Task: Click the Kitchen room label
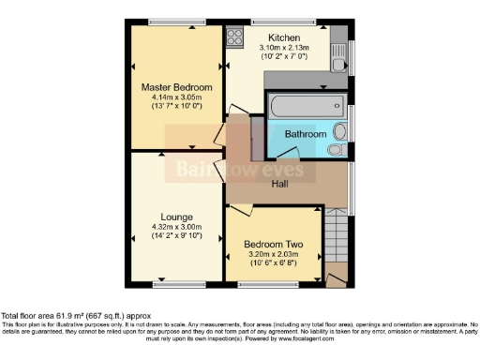(x=283, y=37)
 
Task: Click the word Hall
(x=279, y=184)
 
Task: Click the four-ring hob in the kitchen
(x=233, y=38)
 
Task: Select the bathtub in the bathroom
(x=302, y=108)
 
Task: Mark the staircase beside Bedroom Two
(x=337, y=239)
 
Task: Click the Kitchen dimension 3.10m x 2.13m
(x=283, y=48)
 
